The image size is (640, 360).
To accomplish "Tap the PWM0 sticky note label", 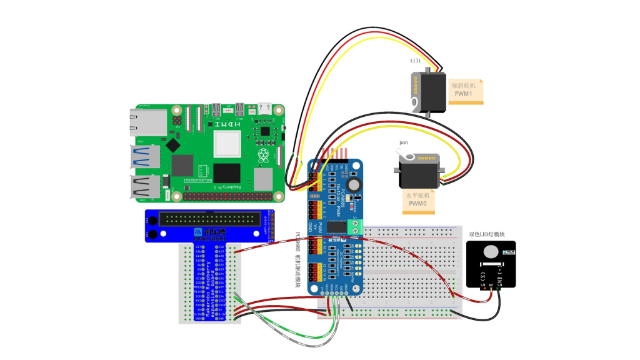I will click(418, 199).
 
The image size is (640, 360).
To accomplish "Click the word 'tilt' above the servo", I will click(416, 61).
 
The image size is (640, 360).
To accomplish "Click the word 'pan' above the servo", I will click(404, 142).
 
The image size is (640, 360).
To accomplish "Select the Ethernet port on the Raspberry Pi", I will click(147, 122).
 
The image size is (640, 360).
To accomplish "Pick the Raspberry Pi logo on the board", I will click(266, 154).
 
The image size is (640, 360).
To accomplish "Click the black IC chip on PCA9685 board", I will click(336, 227).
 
